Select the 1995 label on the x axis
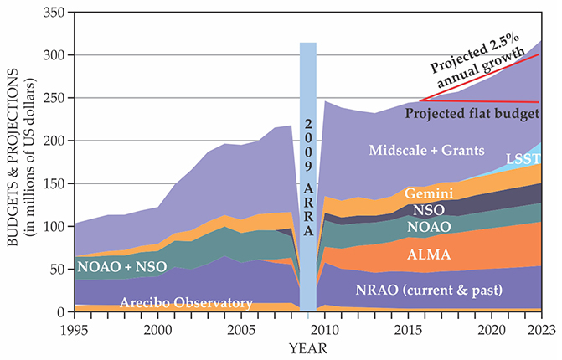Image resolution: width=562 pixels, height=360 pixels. pyautogui.click(x=74, y=330)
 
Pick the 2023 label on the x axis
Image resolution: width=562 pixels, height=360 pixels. pyautogui.click(x=539, y=330)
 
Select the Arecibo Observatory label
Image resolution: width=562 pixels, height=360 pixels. pyautogui.click(x=185, y=302)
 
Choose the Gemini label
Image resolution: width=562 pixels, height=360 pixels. pyautogui.click(x=429, y=193)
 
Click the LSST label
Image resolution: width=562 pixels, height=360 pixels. pyautogui.click(x=523, y=158)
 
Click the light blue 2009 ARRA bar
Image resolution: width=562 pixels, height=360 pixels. pyautogui.click(x=308, y=167)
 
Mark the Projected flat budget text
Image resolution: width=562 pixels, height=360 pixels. pyautogui.click(x=471, y=113)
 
